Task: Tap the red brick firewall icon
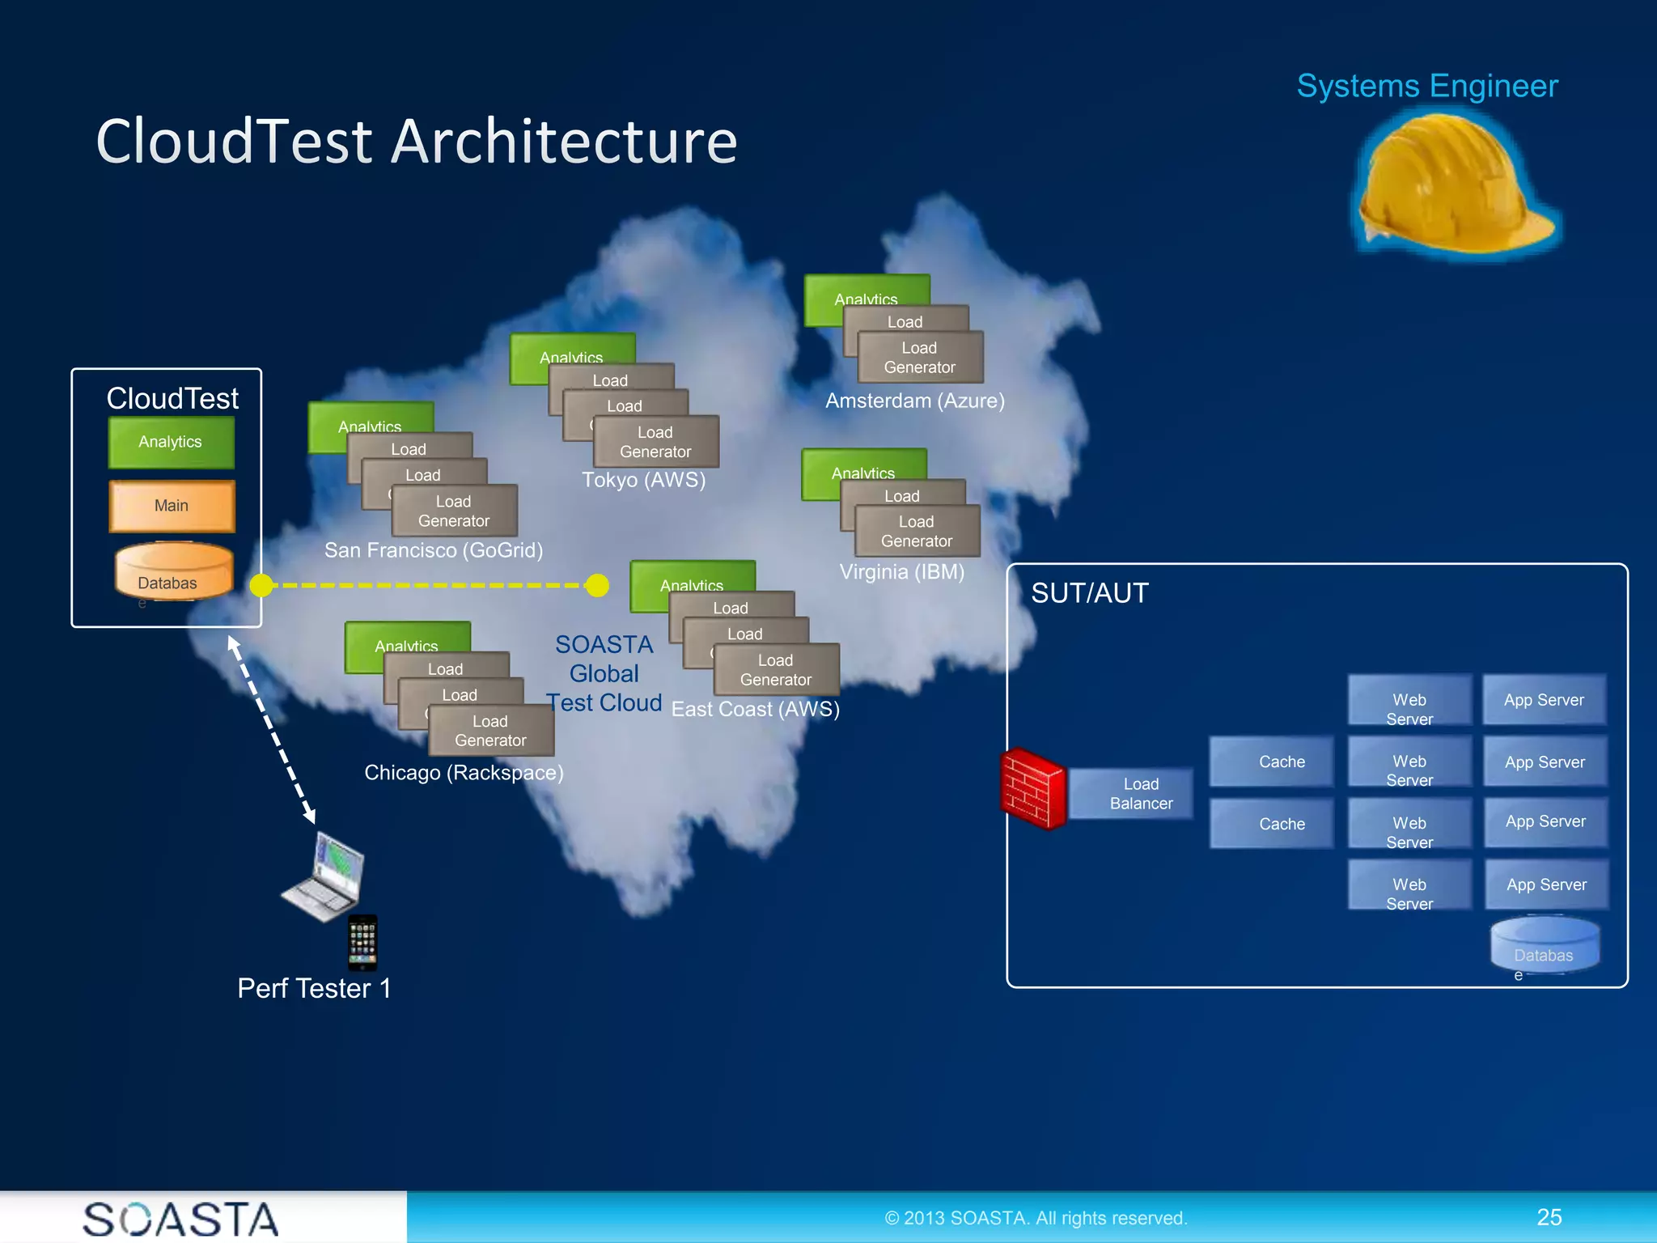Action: [1032, 789]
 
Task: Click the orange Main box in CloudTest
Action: [172, 506]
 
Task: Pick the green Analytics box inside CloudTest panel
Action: [171, 442]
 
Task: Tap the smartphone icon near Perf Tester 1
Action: [362, 942]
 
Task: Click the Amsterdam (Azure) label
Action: [914, 401]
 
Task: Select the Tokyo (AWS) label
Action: [643, 481]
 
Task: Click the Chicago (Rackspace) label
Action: [463, 773]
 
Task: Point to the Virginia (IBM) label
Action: [901, 572]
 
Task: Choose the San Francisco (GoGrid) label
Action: [433, 551]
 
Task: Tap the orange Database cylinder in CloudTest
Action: [173, 573]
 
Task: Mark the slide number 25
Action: [1549, 1217]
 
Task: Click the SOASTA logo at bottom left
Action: [180, 1219]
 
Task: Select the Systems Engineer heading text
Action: [1426, 87]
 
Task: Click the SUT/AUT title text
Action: [1089, 593]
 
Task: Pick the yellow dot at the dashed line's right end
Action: [597, 585]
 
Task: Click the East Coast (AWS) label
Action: [755, 710]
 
